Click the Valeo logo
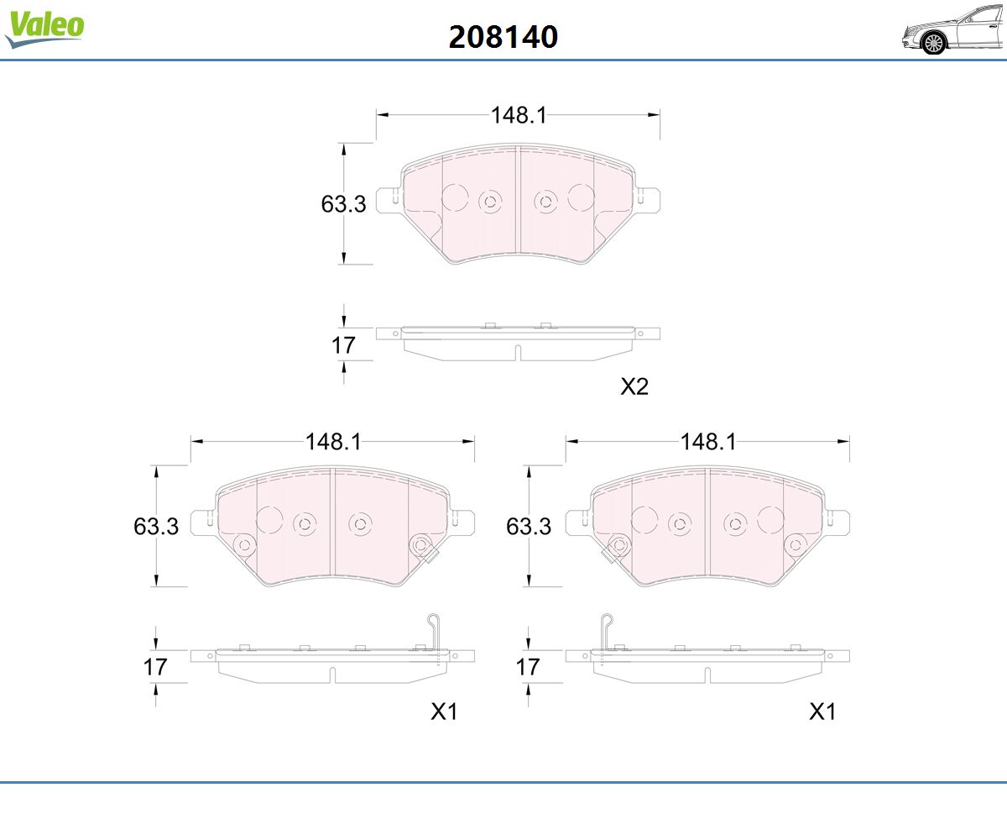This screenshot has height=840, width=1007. click(44, 29)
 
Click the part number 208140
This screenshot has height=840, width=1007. click(503, 37)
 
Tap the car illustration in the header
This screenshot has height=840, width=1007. click(953, 30)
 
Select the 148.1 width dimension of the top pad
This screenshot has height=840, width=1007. click(519, 115)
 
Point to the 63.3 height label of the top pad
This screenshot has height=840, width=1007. click(343, 204)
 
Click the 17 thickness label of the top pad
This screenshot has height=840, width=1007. click(343, 345)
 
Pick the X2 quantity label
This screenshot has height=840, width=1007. click(634, 386)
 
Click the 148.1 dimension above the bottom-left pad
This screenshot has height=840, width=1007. click(333, 442)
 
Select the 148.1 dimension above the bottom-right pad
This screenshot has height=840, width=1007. click(707, 442)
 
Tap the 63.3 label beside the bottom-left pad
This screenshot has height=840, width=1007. click(156, 526)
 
